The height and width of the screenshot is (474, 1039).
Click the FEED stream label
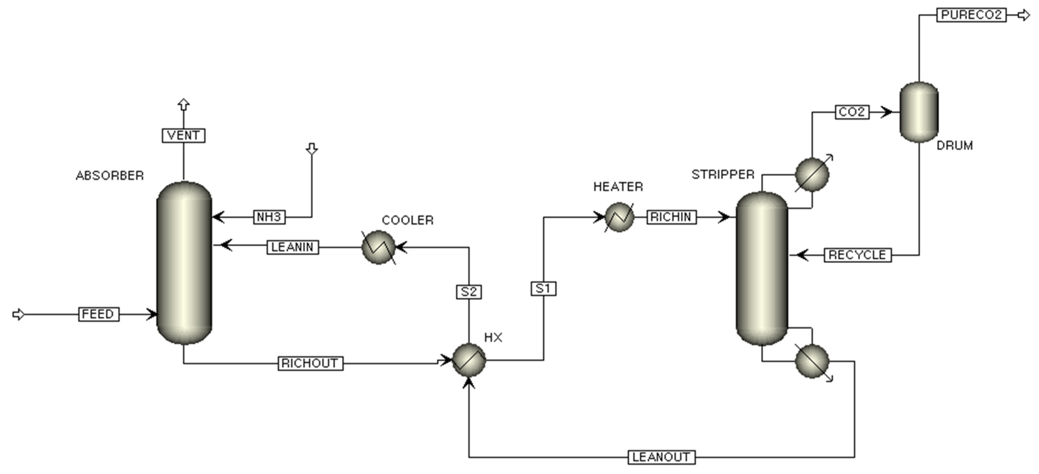coord(98,314)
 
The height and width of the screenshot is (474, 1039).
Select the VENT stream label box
coord(183,135)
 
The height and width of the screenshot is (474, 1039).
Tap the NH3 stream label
coord(269,217)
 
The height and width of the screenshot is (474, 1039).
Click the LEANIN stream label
coord(293,247)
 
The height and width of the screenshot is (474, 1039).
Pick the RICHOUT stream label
coord(310,363)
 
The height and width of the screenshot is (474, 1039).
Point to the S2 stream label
coord(469,291)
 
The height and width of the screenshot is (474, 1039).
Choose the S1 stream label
coord(543,289)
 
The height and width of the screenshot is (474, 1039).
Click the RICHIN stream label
coord(671,217)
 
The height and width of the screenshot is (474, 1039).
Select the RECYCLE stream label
coord(858,255)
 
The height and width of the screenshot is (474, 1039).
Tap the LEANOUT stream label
coord(661,457)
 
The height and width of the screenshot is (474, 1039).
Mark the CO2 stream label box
coord(852,112)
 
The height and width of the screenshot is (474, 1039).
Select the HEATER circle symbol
coord(619,217)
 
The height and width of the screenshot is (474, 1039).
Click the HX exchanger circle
coord(469,360)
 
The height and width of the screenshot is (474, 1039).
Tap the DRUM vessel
coord(919,112)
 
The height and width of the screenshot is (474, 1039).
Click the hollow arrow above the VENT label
coord(183,105)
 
